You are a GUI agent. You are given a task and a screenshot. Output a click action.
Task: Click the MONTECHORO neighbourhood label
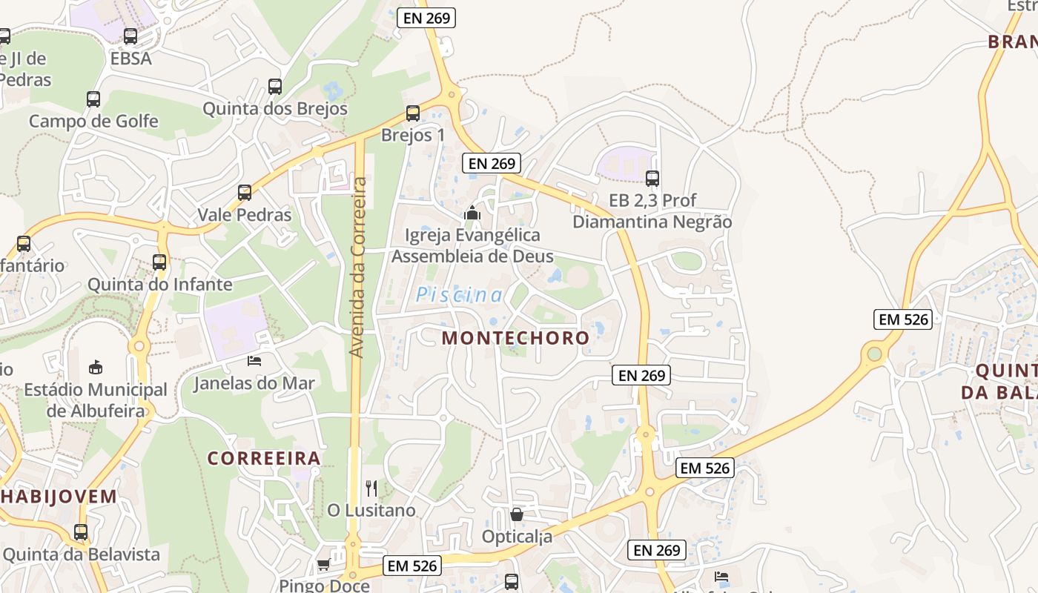click(x=515, y=338)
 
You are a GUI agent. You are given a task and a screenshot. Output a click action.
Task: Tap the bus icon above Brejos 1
click(x=413, y=113)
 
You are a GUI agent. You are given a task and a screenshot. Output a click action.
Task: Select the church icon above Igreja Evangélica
click(x=472, y=213)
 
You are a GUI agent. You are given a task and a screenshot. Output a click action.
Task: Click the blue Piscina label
click(x=459, y=295)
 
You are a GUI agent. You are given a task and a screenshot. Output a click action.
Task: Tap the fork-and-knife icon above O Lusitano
click(x=371, y=488)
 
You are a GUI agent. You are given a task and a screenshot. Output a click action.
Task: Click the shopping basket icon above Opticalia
click(x=517, y=514)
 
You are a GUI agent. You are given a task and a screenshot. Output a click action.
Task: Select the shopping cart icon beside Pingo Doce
click(x=323, y=565)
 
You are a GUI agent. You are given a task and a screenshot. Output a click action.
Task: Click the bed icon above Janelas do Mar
click(x=254, y=361)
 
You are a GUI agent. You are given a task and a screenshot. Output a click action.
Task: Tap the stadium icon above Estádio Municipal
click(x=96, y=367)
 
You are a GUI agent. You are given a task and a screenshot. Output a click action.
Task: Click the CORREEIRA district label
click(x=264, y=458)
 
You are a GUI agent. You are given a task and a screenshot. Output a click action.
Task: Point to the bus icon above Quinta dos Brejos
click(x=275, y=86)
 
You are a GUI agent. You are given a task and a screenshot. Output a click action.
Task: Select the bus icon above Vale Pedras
click(x=245, y=193)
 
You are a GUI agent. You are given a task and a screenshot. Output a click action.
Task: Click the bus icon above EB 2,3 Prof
click(x=652, y=178)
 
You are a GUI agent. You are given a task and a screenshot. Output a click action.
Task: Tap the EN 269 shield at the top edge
click(x=426, y=18)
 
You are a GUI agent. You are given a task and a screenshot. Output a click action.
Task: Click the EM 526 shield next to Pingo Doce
click(x=413, y=566)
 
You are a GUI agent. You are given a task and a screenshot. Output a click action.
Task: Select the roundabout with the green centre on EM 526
click(x=875, y=354)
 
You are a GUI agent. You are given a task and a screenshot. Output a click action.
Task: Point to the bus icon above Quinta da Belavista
click(x=81, y=531)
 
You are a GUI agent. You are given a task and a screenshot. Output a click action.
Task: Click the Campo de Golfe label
click(x=93, y=121)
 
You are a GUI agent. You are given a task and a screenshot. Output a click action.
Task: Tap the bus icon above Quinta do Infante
click(x=159, y=262)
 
